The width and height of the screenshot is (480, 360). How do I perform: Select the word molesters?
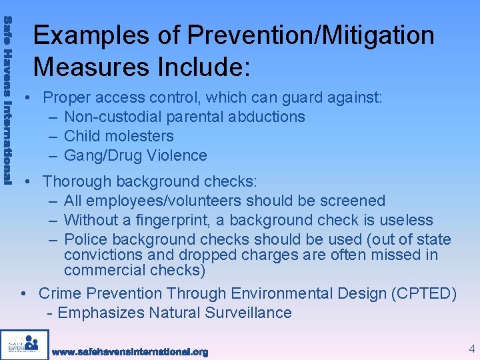tap(141, 136)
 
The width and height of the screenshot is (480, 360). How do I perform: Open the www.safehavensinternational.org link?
tap(130, 351)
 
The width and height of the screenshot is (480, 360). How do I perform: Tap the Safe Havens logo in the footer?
tap(25, 345)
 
